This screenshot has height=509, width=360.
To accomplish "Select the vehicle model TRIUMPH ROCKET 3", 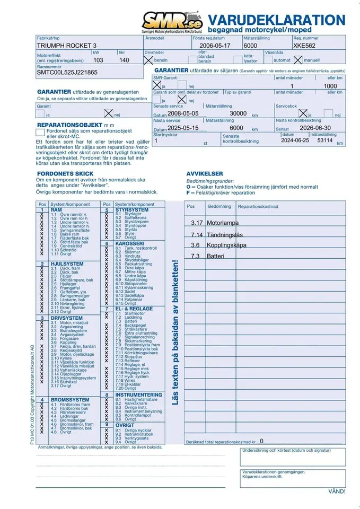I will pyautogui.click(x=66, y=46).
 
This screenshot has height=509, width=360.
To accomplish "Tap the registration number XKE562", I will pyautogui.click(x=306, y=46).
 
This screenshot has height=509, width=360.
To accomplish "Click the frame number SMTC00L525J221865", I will pyautogui.click(x=67, y=73).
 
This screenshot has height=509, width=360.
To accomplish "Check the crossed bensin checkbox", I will pyautogui.click(x=148, y=60).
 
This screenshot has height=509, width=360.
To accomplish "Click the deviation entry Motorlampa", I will pyautogui.click(x=222, y=223).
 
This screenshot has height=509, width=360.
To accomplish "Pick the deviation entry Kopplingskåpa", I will pyautogui.click(x=227, y=245).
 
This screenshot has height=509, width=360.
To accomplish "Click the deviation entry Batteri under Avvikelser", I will pyautogui.click(x=216, y=256).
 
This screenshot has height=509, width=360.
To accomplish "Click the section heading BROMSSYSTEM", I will pyautogui.click(x=70, y=399).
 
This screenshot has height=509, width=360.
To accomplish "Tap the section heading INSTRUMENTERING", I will pyautogui.click(x=138, y=394).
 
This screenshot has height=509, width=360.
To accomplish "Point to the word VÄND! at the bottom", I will pyautogui.click(x=337, y=491).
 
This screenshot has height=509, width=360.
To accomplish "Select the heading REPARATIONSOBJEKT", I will pyautogui.click(x=73, y=124).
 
